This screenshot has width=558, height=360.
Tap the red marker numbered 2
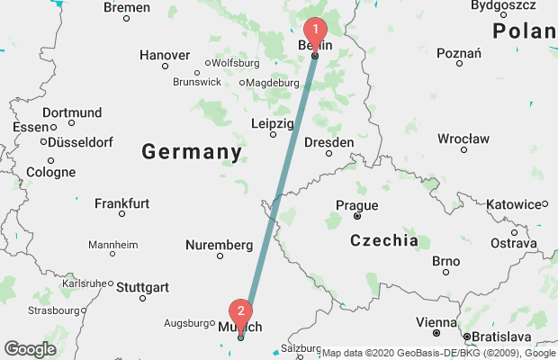click(x=240, y=314)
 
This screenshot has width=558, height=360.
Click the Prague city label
click(x=356, y=205)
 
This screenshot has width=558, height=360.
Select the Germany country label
click(x=192, y=152)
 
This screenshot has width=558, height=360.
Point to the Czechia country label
click(x=384, y=240)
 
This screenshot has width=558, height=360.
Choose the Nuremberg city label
click(x=219, y=245)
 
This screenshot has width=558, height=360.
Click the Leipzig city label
click(x=273, y=122)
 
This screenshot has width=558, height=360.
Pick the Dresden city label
click(x=328, y=141)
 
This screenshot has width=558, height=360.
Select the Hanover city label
click(x=165, y=55)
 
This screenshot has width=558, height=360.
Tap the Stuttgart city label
click(x=142, y=287)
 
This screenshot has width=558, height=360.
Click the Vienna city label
click(x=436, y=321)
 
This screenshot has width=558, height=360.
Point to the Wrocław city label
click(x=463, y=139)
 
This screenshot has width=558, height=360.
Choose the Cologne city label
click(x=51, y=172)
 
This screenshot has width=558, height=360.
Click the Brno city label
click(x=445, y=261)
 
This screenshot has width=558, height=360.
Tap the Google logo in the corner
click(x=30, y=349)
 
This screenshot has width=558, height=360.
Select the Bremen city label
click(x=127, y=7)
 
